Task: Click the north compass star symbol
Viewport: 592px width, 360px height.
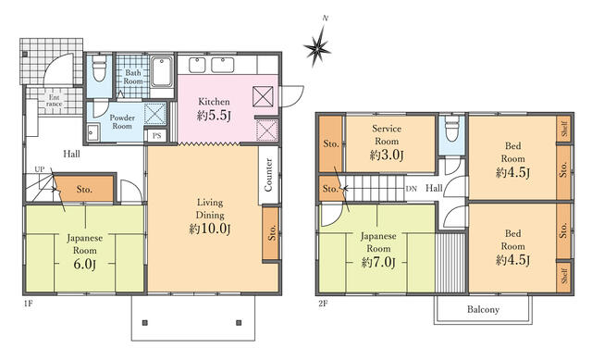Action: pyautogui.click(x=318, y=47)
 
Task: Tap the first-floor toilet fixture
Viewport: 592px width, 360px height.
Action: pyautogui.click(x=99, y=68)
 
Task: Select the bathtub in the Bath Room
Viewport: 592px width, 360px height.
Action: pyautogui.click(x=162, y=72)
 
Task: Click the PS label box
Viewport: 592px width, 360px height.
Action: pyautogui.click(x=156, y=135)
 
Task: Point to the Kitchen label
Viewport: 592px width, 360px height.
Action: pyautogui.click(x=214, y=102)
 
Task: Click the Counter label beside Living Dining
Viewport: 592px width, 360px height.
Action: pyautogui.click(x=268, y=175)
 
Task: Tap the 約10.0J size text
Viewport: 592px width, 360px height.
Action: pyautogui.click(x=210, y=229)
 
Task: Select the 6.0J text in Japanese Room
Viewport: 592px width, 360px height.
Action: pyautogui.click(x=84, y=264)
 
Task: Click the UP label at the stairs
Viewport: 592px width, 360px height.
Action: pyautogui.click(x=39, y=169)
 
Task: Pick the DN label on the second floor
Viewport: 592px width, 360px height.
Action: pyautogui.click(x=411, y=189)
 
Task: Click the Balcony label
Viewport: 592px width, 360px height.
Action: pyautogui.click(x=483, y=310)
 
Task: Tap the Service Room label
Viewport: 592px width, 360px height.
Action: pyautogui.click(x=387, y=135)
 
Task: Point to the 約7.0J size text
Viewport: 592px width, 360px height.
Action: pyautogui.click(x=378, y=262)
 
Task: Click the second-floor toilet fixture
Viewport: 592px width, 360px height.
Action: pyautogui.click(x=451, y=129)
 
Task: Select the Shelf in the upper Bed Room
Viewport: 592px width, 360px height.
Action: pyautogui.click(x=564, y=129)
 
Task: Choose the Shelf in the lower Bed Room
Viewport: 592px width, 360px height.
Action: pyautogui.click(x=564, y=276)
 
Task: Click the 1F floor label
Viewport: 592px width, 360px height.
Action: pyautogui.click(x=28, y=303)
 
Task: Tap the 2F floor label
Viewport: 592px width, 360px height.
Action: pyautogui.click(x=323, y=304)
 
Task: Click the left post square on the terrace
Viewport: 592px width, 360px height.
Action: pyautogui.click(x=145, y=323)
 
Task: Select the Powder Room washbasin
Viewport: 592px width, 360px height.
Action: pyautogui.click(x=92, y=132)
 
